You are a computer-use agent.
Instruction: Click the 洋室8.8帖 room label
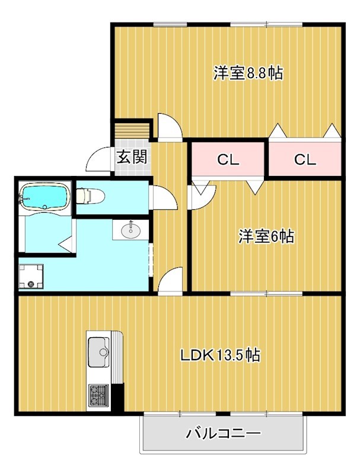(x=247, y=73)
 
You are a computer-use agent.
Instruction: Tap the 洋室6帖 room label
(x=266, y=236)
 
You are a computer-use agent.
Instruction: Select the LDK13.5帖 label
(x=219, y=355)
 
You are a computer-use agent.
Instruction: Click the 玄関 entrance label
(x=131, y=158)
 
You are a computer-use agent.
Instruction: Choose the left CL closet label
(x=227, y=159)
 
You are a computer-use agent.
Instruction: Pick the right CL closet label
(x=305, y=159)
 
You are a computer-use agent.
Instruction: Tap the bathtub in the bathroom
(x=44, y=197)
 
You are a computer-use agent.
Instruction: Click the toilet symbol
(x=90, y=195)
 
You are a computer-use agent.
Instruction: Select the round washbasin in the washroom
(x=130, y=230)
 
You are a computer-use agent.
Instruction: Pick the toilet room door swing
(x=163, y=197)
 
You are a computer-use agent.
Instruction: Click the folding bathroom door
(x=66, y=244)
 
